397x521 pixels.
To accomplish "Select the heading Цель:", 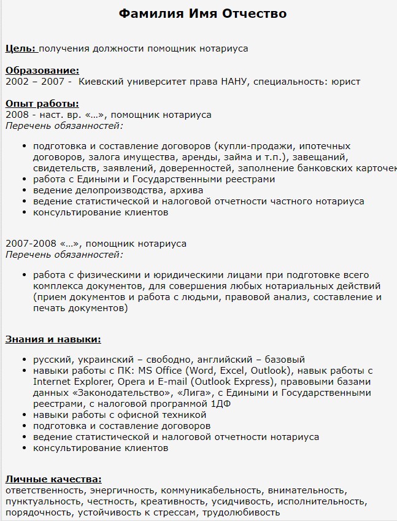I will [x=21, y=48].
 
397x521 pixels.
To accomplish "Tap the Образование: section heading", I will [x=42, y=71].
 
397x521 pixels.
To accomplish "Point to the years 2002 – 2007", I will [x=34, y=81].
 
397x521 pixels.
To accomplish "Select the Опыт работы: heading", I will [x=42, y=104].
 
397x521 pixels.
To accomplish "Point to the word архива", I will [x=186, y=190].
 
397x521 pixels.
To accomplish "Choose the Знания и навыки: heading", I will [x=53, y=339].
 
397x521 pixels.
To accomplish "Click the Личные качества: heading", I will [x=53, y=479].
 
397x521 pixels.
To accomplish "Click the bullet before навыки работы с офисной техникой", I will [x=24, y=415].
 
